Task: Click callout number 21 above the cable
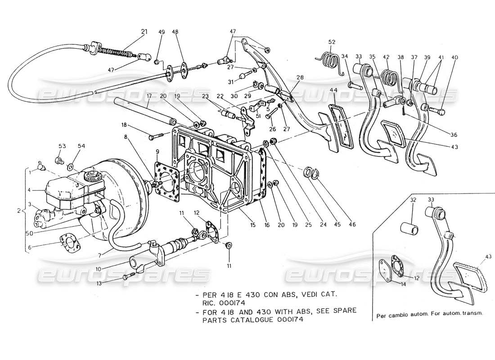tap(144, 31)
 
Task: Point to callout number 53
tap(62, 146)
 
